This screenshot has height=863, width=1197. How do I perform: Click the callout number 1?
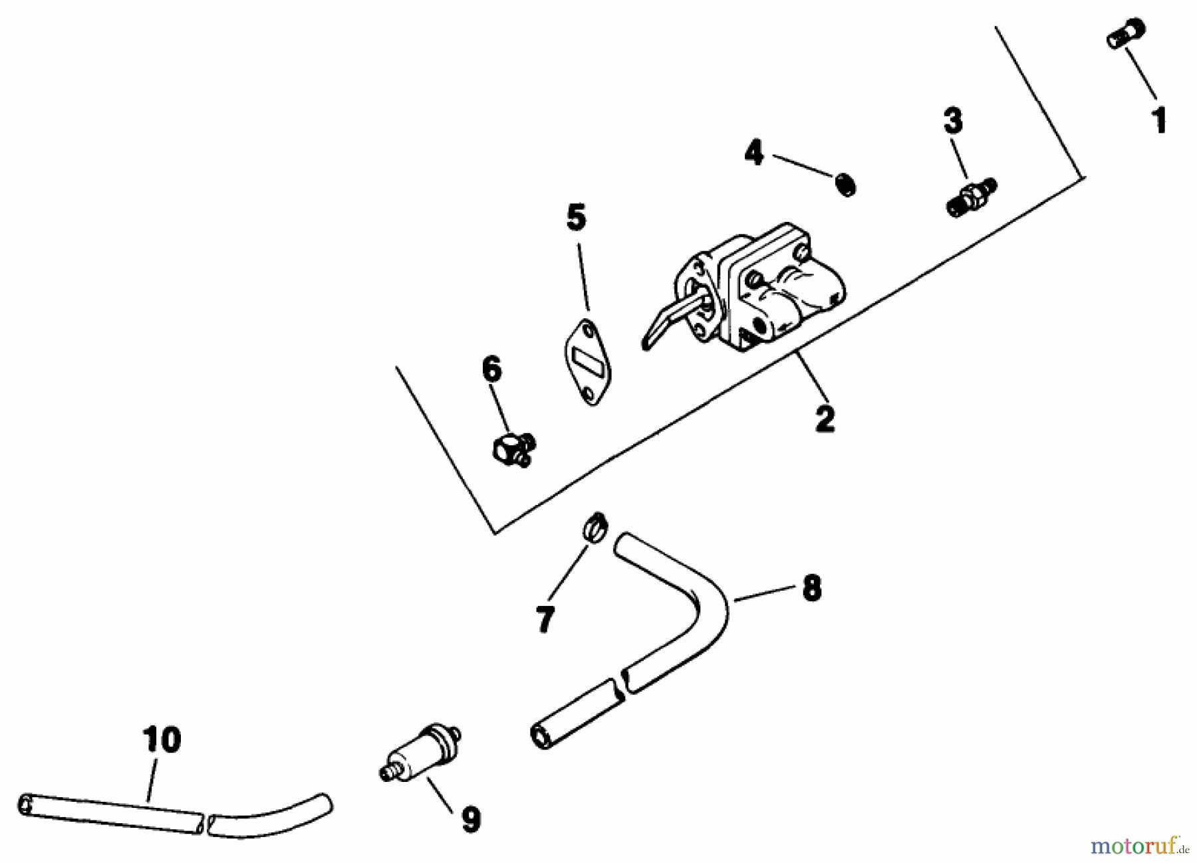(x=1160, y=121)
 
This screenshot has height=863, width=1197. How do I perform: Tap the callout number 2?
(x=825, y=419)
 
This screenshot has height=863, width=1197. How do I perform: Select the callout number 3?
(x=953, y=121)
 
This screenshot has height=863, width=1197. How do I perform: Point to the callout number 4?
(x=754, y=153)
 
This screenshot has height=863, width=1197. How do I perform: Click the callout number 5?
(x=576, y=218)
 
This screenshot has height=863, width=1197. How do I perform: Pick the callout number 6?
(x=491, y=369)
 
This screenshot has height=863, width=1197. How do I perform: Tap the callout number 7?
(x=545, y=619)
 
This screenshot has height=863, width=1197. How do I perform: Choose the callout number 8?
(x=811, y=588)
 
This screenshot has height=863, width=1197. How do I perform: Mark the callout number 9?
(x=470, y=819)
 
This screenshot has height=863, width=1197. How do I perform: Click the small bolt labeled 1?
(x=1126, y=33)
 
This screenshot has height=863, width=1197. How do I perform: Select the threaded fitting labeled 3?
(x=970, y=197)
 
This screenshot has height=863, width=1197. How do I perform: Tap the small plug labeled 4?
(x=845, y=183)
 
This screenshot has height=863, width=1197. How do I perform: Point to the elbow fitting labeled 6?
(x=514, y=448)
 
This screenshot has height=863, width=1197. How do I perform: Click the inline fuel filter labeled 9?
(x=420, y=753)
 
